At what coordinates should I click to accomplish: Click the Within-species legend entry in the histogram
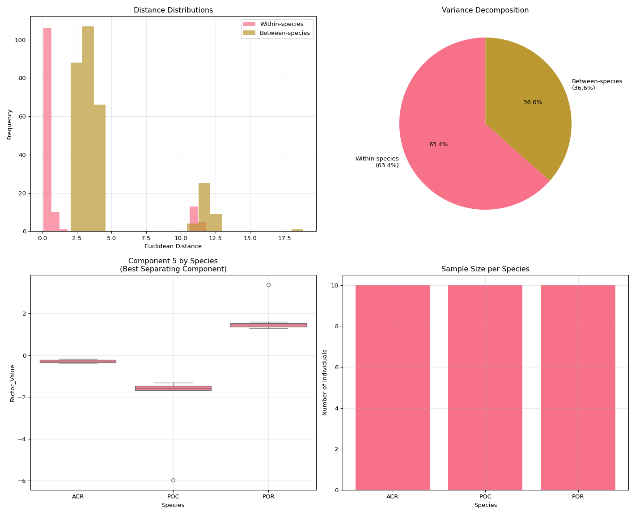click(x=281, y=24)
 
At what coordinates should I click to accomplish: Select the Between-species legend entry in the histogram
click(x=284, y=33)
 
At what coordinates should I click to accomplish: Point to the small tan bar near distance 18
click(x=297, y=230)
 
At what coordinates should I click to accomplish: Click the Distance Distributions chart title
click(x=173, y=10)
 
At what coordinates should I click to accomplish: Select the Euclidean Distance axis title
click(x=173, y=246)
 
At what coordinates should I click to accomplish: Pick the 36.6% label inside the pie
click(x=533, y=102)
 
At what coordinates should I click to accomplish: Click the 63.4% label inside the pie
click(x=438, y=144)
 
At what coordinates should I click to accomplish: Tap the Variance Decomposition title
click(x=485, y=10)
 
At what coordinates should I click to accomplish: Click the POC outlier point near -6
click(x=173, y=480)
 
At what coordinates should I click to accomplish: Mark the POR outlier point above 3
click(x=268, y=285)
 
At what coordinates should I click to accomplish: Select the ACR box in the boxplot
click(x=78, y=361)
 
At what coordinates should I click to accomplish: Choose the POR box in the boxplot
click(x=268, y=325)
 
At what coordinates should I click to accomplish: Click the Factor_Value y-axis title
click(x=13, y=383)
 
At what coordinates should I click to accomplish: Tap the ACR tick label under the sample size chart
click(x=392, y=496)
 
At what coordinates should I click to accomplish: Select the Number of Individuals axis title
click(x=325, y=382)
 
